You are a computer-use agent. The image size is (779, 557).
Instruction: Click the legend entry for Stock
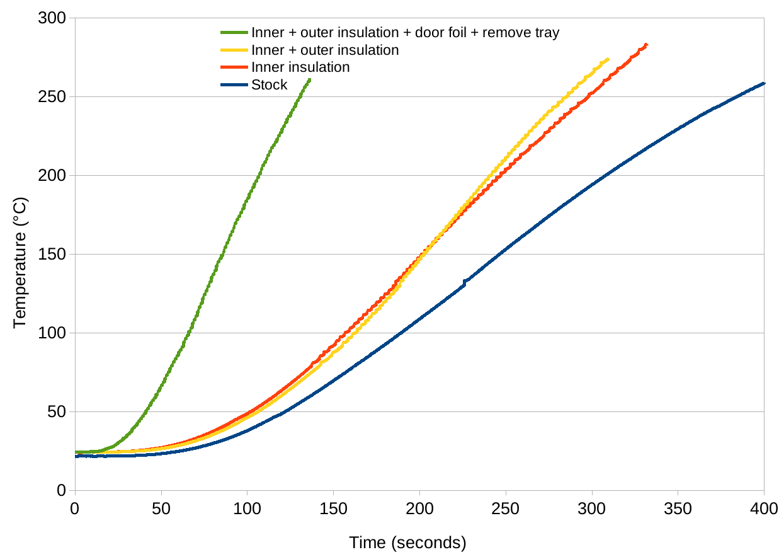click(269, 85)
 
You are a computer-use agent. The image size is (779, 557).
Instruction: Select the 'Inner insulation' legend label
click(300, 67)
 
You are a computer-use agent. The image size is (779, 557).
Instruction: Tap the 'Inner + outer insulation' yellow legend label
click(324, 50)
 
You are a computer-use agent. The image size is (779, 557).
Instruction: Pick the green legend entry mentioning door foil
click(404, 33)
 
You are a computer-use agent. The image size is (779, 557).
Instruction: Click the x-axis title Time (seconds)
click(407, 543)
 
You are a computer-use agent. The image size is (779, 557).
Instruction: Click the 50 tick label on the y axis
click(57, 412)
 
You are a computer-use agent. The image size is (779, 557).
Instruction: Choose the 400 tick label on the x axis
click(763, 508)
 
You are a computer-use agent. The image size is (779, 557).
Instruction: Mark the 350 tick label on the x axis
click(678, 508)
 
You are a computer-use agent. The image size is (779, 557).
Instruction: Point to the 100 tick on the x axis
click(247, 508)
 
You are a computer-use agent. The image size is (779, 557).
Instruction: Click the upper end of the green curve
click(309, 80)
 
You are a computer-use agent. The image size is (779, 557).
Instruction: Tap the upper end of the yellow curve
click(608, 59)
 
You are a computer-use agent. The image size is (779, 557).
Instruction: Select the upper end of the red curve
click(646, 45)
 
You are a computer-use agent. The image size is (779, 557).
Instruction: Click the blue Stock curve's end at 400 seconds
click(763, 83)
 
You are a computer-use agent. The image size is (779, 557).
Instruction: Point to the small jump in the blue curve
click(465, 282)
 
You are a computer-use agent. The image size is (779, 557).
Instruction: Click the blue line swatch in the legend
click(234, 85)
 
